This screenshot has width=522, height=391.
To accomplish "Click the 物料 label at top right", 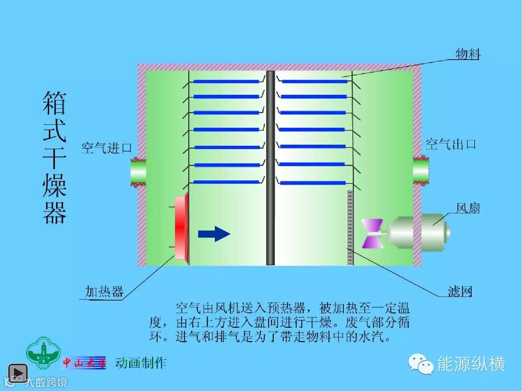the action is [x=468, y=54].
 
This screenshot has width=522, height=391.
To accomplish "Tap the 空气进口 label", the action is [x=107, y=148].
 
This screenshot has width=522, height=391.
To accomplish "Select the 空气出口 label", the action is [x=451, y=144].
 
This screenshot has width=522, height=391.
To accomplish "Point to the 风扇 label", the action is [x=468, y=208].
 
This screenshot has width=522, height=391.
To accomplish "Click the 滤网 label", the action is [x=460, y=291].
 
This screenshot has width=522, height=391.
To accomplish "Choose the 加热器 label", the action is [x=104, y=291].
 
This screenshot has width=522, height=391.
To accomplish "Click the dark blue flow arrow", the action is [x=214, y=234].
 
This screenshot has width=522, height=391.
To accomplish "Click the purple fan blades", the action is [x=372, y=234].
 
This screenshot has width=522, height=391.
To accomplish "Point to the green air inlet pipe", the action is [x=138, y=172].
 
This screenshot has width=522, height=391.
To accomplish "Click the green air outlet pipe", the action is [x=421, y=170].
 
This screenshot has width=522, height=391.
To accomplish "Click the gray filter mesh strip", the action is [x=350, y=228].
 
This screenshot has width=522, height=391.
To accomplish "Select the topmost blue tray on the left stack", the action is [x=226, y=82].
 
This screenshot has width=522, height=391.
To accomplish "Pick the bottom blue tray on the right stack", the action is [x=313, y=183].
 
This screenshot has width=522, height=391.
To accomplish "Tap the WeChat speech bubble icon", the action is [x=421, y=364].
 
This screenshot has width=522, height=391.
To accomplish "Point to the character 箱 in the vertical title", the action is [x=55, y=103].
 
